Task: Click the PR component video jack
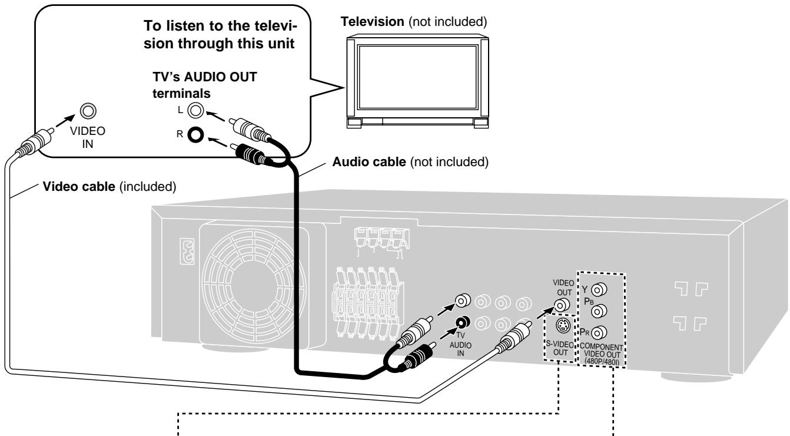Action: click(599, 333)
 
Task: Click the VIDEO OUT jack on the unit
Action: click(562, 304)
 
